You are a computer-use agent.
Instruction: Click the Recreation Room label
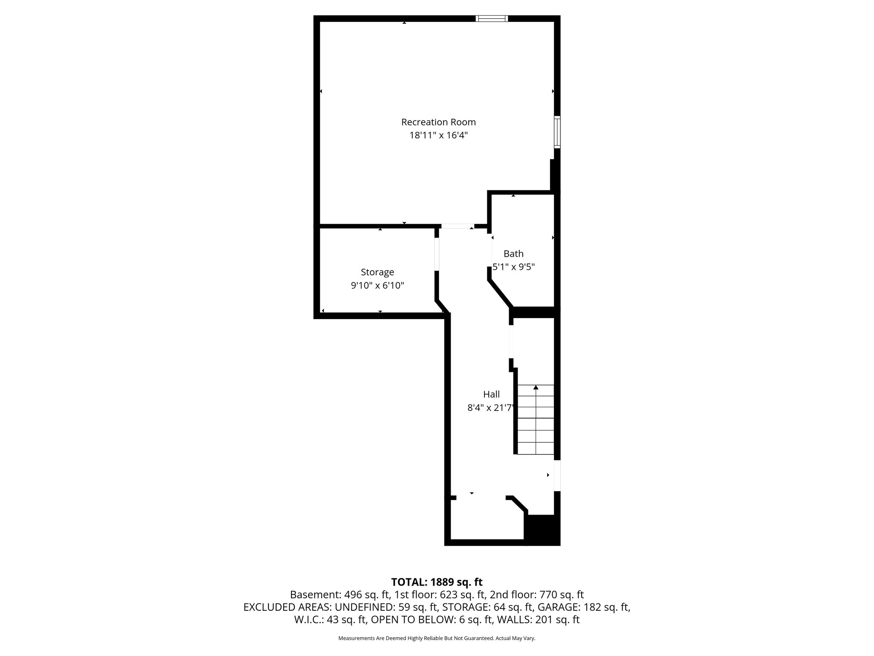point(438,122)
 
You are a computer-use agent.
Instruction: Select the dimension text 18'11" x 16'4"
point(438,136)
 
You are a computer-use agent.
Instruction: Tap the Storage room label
point(377,272)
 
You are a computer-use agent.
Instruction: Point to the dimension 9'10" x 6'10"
point(377,286)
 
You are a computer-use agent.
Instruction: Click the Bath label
point(513,254)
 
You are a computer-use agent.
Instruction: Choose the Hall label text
point(491,394)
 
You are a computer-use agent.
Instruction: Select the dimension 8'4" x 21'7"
point(491,408)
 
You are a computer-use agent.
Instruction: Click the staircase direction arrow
point(536,388)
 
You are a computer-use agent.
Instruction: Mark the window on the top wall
point(492,18)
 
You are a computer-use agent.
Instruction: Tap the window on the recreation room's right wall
point(557,132)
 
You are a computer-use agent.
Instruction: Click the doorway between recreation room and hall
point(457,226)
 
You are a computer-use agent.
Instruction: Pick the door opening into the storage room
point(437,254)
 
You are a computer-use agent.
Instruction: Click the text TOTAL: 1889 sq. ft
point(437,582)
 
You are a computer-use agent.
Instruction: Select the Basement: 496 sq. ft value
point(340,595)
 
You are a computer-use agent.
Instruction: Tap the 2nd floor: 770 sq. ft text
point(537,595)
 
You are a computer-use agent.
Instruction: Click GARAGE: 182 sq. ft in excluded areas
point(583,607)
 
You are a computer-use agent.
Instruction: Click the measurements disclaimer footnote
point(437,638)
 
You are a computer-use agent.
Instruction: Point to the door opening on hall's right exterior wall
point(557,475)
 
